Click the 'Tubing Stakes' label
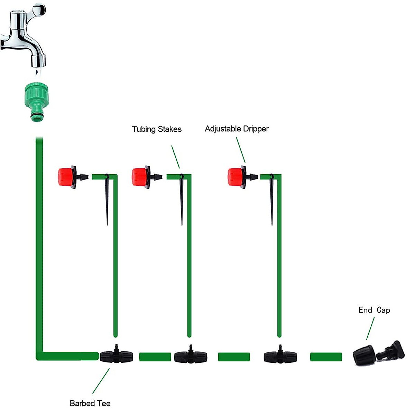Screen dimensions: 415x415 click(x=157, y=129)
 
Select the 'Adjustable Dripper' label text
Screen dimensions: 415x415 click(x=237, y=129)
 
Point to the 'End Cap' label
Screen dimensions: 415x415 click(x=374, y=310)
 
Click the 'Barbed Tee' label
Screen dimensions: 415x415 click(x=90, y=403)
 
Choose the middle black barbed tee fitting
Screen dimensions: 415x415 click(x=191, y=356)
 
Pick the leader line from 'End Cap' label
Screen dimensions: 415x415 click(x=370, y=328)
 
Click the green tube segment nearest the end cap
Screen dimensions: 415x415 click(x=326, y=357)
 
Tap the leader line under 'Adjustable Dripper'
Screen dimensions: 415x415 click(x=241, y=150)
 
